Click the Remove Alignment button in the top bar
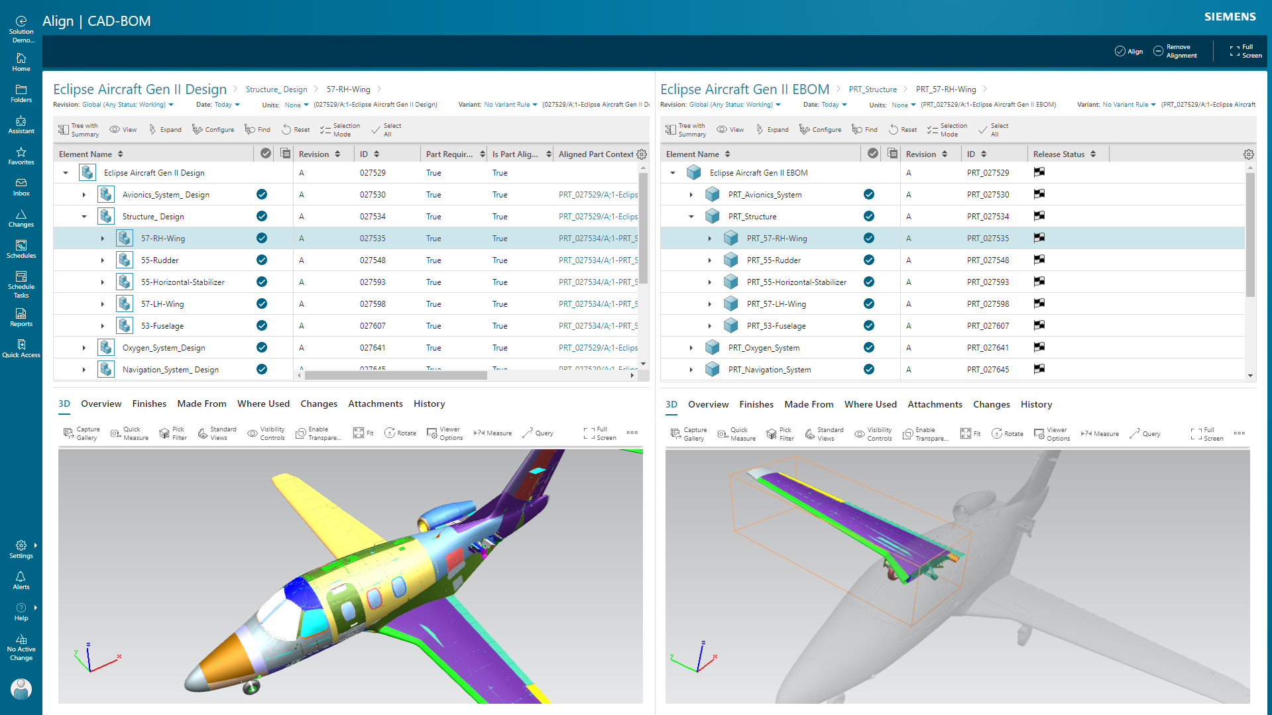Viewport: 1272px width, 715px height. coord(1175,51)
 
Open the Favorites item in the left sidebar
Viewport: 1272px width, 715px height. coord(21,156)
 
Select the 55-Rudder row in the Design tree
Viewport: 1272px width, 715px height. coord(160,260)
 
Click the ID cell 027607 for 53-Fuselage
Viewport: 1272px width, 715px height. coord(373,326)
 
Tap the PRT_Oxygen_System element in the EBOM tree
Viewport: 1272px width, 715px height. coord(764,348)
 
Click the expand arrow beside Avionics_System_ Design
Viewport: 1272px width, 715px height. coord(84,195)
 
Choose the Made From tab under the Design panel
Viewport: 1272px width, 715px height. coord(202,404)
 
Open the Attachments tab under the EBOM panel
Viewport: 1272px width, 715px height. coord(935,404)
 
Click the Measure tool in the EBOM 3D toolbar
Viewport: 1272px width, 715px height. coord(1100,434)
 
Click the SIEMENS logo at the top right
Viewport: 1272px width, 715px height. coord(1230,17)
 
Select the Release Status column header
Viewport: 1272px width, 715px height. coord(1059,154)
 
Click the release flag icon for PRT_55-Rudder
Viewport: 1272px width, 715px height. coord(1039,260)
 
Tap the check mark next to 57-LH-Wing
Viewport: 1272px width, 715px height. coord(262,304)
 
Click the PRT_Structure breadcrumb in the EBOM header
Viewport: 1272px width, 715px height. coord(872,89)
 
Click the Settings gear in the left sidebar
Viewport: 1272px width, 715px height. coord(21,549)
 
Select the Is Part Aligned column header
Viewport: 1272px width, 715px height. coord(515,154)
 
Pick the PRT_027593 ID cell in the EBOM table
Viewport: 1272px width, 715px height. coord(988,282)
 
